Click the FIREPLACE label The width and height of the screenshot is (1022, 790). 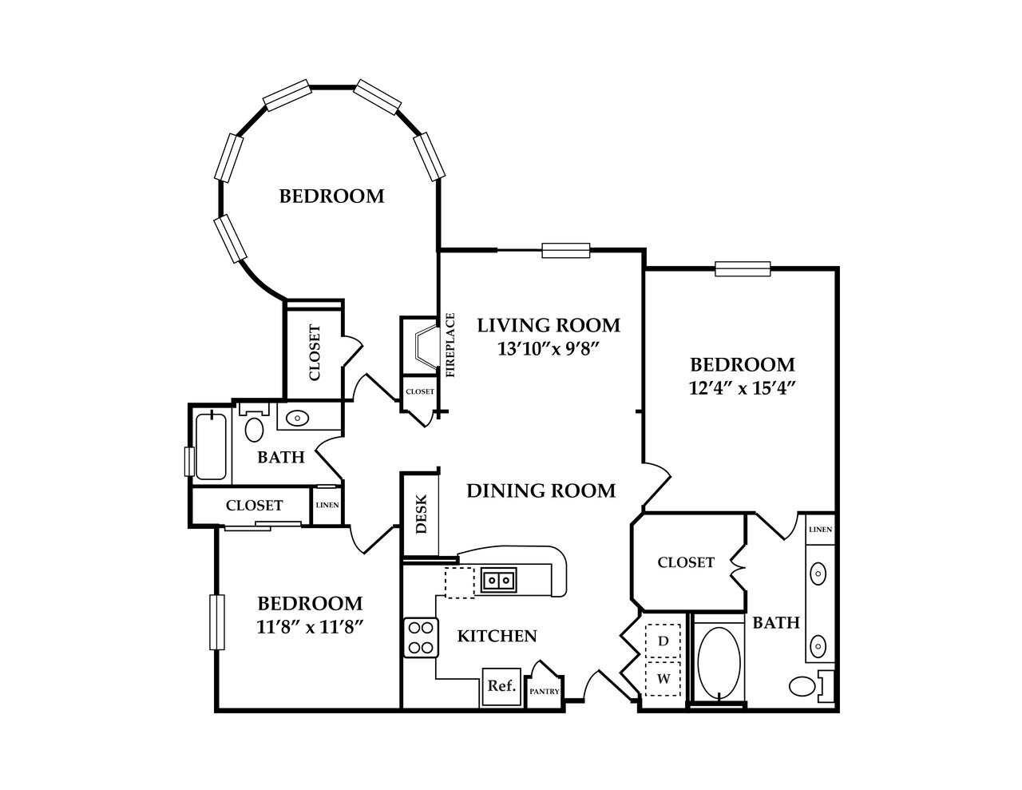[x=450, y=344]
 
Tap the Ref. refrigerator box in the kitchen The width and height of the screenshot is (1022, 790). [x=501, y=686]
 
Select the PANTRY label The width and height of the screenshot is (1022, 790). [x=545, y=692]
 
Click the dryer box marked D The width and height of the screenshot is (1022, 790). [x=663, y=641]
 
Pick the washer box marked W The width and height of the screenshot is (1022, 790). [x=663, y=679]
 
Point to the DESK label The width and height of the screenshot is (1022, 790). [x=422, y=515]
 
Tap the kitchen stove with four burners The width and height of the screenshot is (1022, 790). [x=421, y=637]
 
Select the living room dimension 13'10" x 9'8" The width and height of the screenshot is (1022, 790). [x=548, y=348]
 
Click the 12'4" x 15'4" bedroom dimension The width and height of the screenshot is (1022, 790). [x=743, y=387]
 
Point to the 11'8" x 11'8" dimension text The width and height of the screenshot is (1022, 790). [x=311, y=626]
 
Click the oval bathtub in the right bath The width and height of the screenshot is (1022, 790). [x=718, y=662]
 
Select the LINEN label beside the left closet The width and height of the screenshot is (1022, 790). [x=326, y=505]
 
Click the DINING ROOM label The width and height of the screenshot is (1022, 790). [x=541, y=490]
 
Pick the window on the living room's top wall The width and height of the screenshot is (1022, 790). [x=565, y=251]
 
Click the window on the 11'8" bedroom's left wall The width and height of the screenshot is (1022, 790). [x=215, y=621]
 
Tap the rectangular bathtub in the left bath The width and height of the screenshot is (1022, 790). [x=211, y=445]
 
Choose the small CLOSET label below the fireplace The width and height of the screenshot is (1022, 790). [x=420, y=391]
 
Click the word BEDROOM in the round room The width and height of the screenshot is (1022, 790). [x=331, y=196]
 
